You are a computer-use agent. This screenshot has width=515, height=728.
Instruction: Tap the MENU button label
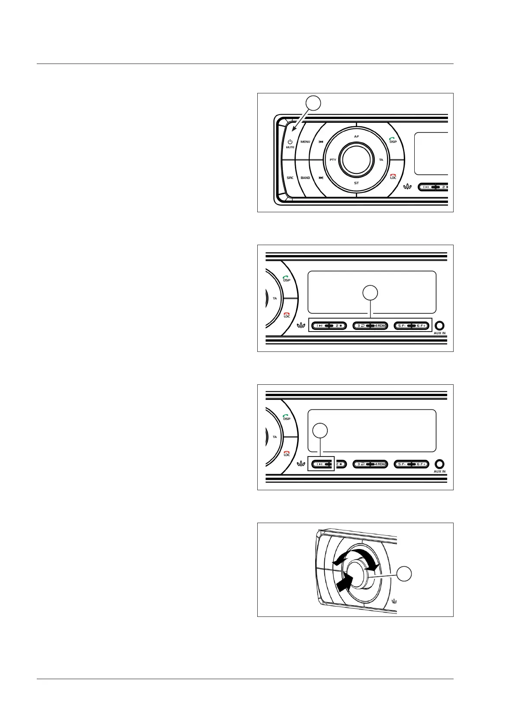pos(305,142)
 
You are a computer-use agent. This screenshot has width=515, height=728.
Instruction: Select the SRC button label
pos(290,178)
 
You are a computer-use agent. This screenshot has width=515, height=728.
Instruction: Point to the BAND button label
pos(305,178)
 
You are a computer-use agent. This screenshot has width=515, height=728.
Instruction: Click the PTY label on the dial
pos(333,160)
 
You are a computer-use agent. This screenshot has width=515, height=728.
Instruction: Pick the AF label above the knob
pos(356,137)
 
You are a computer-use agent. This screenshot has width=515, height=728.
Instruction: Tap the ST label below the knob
pos(356,183)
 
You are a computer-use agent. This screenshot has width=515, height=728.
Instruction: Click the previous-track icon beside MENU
pos(321,142)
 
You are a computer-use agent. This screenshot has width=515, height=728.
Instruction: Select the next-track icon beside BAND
pos(321,178)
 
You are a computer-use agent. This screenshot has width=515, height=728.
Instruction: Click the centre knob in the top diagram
pos(356,160)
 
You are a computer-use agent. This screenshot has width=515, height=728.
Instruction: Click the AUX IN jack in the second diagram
pos(440,326)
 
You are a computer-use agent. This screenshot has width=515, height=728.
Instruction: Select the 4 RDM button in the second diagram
pos(380,326)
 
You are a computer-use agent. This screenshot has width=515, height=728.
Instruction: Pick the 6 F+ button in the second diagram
pos(421,326)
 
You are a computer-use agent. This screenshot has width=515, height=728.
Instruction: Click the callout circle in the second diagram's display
pos(370,293)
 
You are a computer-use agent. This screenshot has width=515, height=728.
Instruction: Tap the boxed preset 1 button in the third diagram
pos(320,464)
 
